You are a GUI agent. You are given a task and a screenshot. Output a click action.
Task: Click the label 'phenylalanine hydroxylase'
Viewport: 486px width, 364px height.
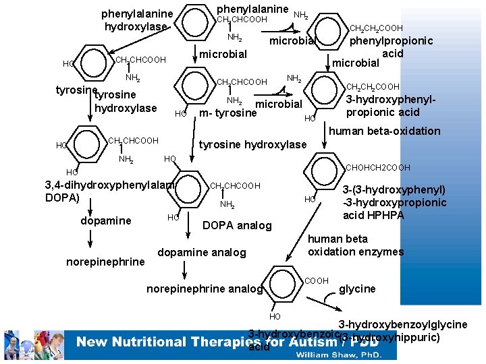click(x=137, y=20)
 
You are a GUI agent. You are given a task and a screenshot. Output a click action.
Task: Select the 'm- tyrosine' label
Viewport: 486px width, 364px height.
click(x=228, y=113)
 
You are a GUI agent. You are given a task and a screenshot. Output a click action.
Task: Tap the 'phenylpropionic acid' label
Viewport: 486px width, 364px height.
click(x=391, y=47)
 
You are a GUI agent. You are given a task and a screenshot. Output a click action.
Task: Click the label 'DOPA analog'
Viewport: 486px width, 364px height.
click(x=237, y=225)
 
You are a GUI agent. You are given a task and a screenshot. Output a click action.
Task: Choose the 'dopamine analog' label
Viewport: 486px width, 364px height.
click(x=201, y=252)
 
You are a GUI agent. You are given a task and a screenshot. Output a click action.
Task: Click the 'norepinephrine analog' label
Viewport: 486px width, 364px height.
click(x=204, y=289)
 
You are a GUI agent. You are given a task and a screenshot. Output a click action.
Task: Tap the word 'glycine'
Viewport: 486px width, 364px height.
click(x=357, y=289)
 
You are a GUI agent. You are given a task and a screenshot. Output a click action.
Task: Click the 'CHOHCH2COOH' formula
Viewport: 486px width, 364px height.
click(x=377, y=167)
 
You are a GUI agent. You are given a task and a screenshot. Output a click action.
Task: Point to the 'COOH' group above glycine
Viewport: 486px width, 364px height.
click(x=317, y=280)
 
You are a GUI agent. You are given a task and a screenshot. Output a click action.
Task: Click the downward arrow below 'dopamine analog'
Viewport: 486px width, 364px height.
click(x=185, y=269)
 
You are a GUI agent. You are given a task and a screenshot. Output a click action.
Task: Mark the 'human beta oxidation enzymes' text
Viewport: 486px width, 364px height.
click(x=355, y=245)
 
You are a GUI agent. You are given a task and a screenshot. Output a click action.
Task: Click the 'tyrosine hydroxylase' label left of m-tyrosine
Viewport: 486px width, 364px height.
click(x=126, y=101)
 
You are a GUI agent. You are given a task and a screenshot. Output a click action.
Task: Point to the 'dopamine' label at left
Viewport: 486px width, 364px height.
click(x=106, y=220)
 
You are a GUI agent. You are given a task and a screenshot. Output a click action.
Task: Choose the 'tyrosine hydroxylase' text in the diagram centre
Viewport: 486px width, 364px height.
click(x=252, y=144)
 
